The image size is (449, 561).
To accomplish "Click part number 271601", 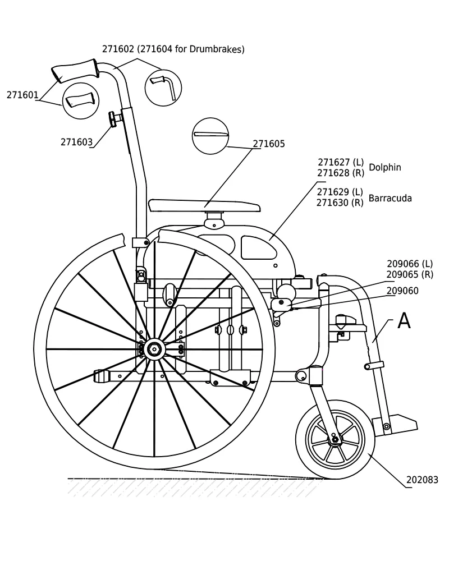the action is tap(22, 95).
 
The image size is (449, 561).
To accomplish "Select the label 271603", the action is tap(77, 142).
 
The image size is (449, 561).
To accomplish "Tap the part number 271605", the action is tap(269, 144).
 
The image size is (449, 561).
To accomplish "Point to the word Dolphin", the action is tap(385, 167).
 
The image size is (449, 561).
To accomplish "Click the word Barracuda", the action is tap(390, 198).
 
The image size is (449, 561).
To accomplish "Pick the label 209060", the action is tap(402, 291).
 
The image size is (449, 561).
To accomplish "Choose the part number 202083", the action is tap(422, 480).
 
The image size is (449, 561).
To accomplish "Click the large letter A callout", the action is tap(404, 320).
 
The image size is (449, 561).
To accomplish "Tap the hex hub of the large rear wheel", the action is tap(154, 349).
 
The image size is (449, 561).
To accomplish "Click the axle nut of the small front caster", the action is tap(335, 439).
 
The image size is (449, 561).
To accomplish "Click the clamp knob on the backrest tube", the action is tap(114, 119).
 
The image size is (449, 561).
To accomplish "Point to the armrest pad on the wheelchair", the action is tap(204, 206).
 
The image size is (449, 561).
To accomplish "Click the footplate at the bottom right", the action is tap(396, 424).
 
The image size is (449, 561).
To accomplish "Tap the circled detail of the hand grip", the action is tap(81, 101).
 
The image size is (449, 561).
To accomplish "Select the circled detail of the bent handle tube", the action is tap(163, 88).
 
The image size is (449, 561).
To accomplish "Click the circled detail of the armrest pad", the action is tap(210, 136).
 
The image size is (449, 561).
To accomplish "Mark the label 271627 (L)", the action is tap(341, 162).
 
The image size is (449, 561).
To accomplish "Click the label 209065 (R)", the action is tap(410, 274).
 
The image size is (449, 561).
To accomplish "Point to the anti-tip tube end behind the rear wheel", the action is tap(100, 376).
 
